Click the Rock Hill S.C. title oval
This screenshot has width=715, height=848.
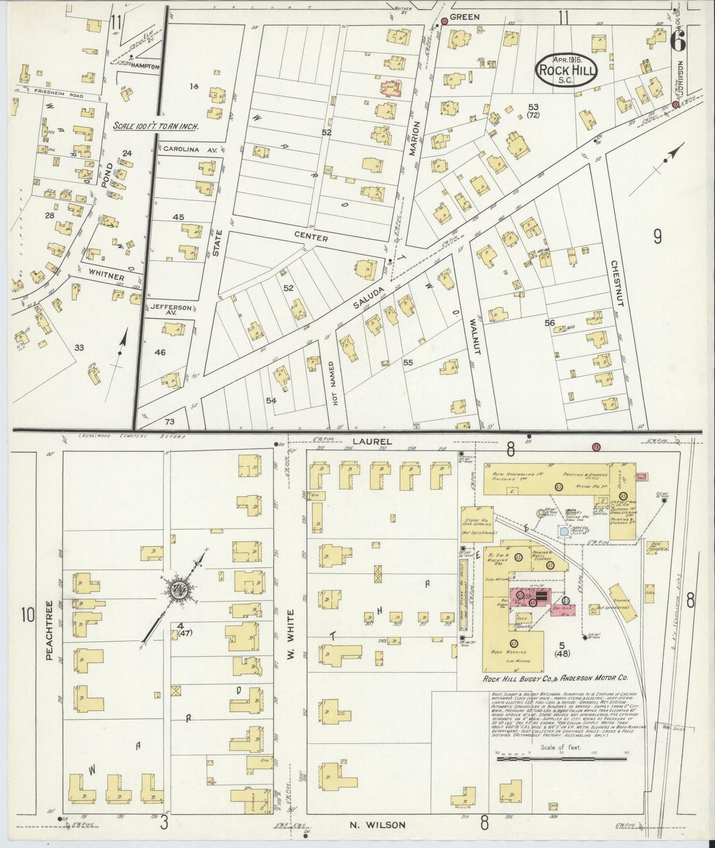point(567,70)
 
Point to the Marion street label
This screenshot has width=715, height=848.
point(414,139)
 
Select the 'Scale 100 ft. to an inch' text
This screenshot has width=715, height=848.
point(156,126)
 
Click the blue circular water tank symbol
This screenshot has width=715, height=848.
point(564,532)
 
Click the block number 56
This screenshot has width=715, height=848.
point(550,323)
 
